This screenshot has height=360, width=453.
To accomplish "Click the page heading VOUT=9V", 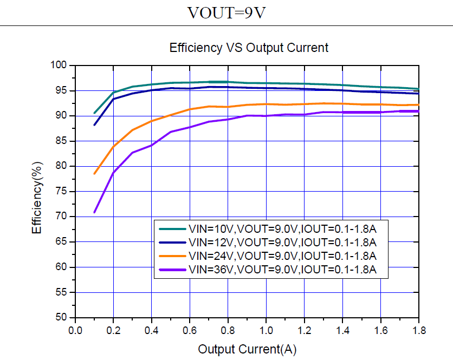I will pos(226,12).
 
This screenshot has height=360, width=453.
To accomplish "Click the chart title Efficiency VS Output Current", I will pos(249,48).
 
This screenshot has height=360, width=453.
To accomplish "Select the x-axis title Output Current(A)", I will pos(247,349).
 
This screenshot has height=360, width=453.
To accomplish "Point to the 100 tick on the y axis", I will pos(61,66).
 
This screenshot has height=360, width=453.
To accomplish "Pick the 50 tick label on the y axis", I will pos(63,318).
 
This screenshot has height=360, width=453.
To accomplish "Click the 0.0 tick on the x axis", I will pos(75,330).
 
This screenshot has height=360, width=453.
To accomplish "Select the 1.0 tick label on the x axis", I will pos(266,330).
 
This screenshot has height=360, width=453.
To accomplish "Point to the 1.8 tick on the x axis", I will pos(418,330).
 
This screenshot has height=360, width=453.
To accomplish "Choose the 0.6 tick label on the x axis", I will pos(190,330).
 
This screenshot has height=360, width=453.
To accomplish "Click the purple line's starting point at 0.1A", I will pos(94,212).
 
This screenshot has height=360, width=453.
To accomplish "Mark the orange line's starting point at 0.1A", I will pos(94,174).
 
